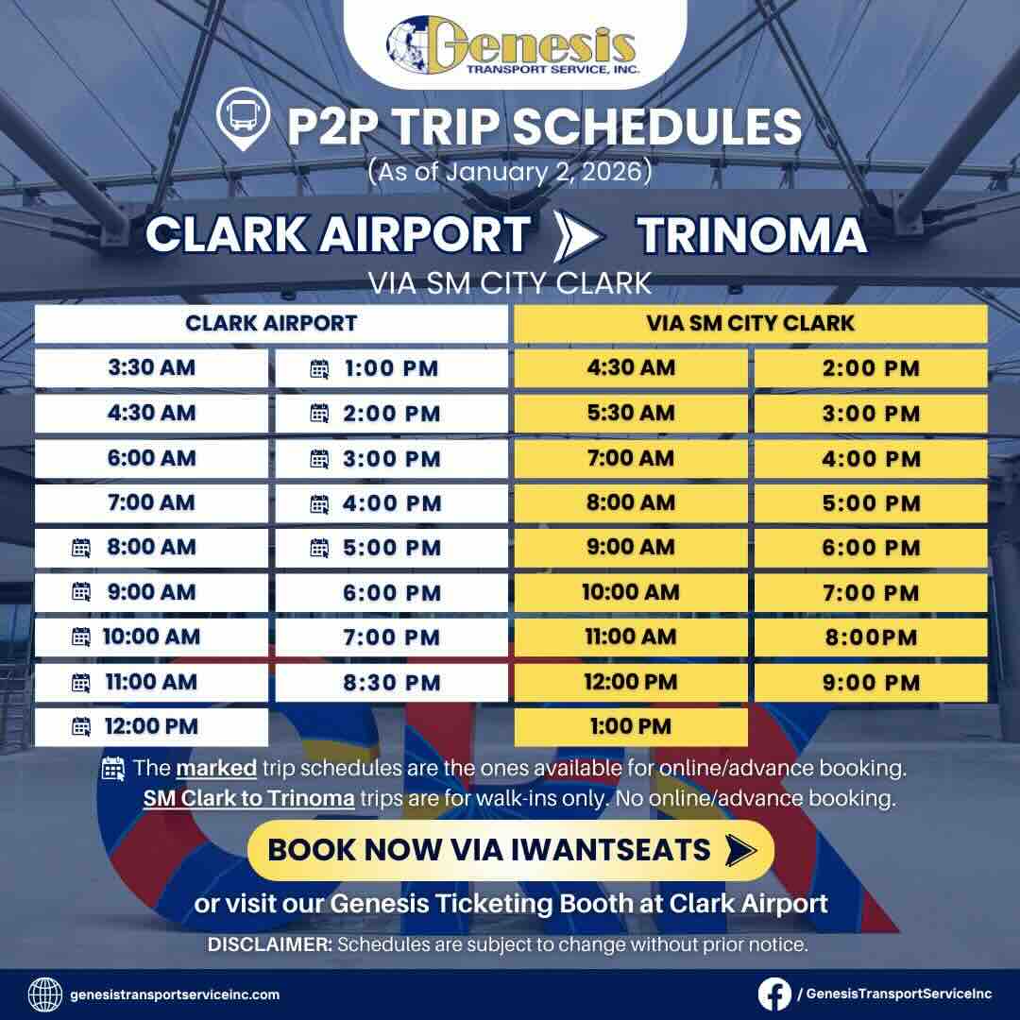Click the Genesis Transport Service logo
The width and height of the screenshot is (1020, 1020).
click(x=510, y=45)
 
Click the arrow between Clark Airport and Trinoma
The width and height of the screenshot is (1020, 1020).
click(x=577, y=235)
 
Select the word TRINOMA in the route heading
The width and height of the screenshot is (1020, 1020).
click(x=752, y=235)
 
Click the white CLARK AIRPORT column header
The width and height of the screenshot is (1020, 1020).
click(x=271, y=323)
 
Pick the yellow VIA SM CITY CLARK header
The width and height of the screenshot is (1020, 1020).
click(x=751, y=323)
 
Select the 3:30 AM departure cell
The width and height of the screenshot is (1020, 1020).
click(x=152, y=367)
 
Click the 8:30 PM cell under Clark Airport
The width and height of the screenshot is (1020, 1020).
click(x=392, y=681)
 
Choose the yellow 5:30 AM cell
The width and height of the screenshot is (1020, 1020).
click(x=631, y=413)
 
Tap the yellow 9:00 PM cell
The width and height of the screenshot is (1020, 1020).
click(x=871, y=682)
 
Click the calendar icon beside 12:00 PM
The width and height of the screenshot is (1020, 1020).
click(x=81, y=726)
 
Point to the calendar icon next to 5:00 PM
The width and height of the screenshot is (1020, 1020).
click(x=319, y=547)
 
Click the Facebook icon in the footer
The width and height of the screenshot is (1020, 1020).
click(x=774, y=994)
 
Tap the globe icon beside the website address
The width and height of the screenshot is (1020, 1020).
click(x=45, y=994)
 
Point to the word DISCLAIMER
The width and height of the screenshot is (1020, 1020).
click(x=269, y=944)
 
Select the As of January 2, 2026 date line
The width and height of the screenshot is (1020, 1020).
click(x=510, y=172)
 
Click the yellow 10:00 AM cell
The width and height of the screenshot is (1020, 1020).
click(x=631, y=592)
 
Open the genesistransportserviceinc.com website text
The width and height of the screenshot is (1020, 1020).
click(x=175, y=994)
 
